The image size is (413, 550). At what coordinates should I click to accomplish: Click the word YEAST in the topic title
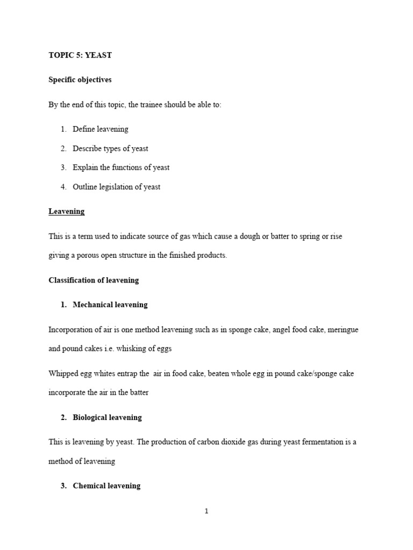coord(98,55)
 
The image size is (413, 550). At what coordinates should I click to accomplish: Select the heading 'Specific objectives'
coord(80,79)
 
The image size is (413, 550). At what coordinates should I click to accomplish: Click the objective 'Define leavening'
coord(101,129)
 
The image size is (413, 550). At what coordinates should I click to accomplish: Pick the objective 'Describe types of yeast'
coord(110,148)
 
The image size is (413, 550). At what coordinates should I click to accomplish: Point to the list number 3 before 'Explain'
coord(63,168)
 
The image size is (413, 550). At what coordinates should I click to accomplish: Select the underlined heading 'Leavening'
coord(67,212)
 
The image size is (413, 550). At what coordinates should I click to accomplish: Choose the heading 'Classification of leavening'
coord(94,280)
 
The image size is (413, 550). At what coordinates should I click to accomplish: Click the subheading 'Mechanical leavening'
coord(110,305)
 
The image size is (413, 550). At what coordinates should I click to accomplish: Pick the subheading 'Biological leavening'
coord(108,417)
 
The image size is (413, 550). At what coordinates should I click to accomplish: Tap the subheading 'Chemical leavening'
coord(106,486)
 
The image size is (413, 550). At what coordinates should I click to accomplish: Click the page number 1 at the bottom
coord(206,511)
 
